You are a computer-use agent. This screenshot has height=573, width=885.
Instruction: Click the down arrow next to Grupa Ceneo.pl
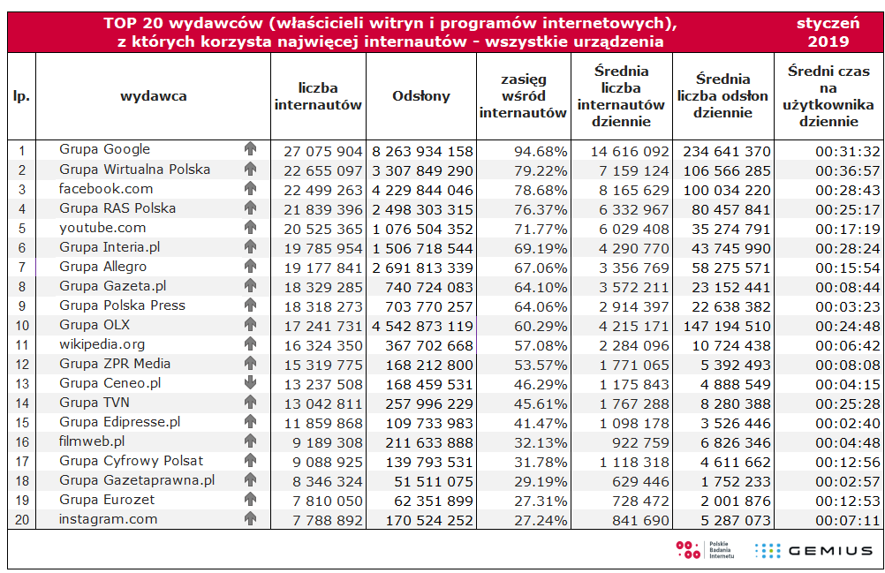250,383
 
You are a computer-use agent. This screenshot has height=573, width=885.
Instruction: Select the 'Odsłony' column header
421,96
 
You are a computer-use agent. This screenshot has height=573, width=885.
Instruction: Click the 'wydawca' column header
154,96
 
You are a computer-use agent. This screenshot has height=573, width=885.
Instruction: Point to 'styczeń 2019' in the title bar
828,32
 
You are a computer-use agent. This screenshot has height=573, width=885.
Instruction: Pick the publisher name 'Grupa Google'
105,149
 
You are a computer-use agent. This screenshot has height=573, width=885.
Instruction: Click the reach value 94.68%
540,151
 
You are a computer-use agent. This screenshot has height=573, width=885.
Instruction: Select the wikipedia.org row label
102,344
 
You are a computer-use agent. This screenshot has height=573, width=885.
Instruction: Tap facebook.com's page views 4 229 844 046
422,190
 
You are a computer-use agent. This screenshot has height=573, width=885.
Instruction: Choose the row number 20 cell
22,520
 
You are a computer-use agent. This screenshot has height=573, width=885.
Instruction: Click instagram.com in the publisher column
108,519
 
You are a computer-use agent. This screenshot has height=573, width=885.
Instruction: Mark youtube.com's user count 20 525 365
323,229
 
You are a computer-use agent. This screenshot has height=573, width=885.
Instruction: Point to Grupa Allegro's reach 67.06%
540,268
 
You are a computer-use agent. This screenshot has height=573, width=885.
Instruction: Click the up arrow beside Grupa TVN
250,403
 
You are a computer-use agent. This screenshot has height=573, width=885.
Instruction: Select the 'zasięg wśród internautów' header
523,96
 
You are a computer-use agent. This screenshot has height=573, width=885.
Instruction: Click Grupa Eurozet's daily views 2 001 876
734,501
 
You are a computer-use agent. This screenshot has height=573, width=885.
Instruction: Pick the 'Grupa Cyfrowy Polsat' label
132,461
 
